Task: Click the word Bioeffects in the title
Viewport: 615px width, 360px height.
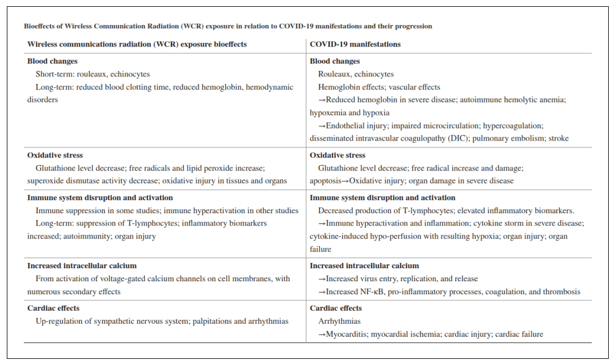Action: pyautogui.click(x=43, y=26)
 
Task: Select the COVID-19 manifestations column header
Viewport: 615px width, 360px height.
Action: pyautogui.click(x=355, y=44)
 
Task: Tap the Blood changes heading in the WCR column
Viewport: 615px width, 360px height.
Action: pyautogui.click(x=52, y=61)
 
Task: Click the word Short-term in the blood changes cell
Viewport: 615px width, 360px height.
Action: pyautogui.click(x=53, y=74)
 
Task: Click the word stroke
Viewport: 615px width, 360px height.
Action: pyautogui.click(x=558, y=138)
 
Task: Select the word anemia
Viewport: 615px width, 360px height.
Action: pyautogui.click(x=553, y=100)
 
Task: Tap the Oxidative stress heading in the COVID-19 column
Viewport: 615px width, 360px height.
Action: pyautogui.click(x=337, y=155)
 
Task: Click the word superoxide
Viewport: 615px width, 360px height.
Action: pyautogui.click(x=45, y=181)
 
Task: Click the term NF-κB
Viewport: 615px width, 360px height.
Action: pyautogui.click(x=372, y=292)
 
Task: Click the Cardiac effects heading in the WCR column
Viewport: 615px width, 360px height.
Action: pyautogui.click(x=53, y=308)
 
